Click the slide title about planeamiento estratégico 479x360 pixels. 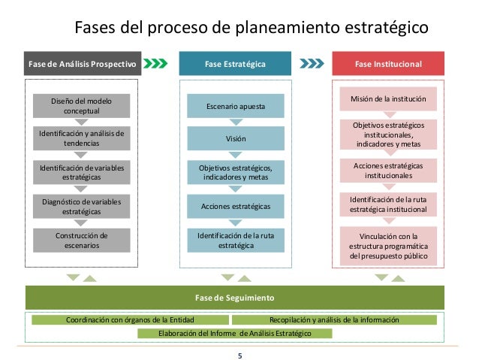(251, 29)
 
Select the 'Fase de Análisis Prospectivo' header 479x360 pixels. (81, 64)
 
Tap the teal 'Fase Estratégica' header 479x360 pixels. (235, 64)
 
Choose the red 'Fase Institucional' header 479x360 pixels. (388, 64)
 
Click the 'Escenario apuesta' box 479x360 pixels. (235, 106)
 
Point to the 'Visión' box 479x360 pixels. (235, 139)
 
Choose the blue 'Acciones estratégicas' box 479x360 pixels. (235, 206)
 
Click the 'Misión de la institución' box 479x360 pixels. (388, 98)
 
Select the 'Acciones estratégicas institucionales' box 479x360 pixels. (388, 170)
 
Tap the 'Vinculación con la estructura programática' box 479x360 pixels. (388, 247)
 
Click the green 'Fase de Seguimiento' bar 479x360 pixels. (239, 297)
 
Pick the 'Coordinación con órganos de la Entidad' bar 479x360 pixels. (130, 320)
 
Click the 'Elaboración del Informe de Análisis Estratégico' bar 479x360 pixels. (235, 332)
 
